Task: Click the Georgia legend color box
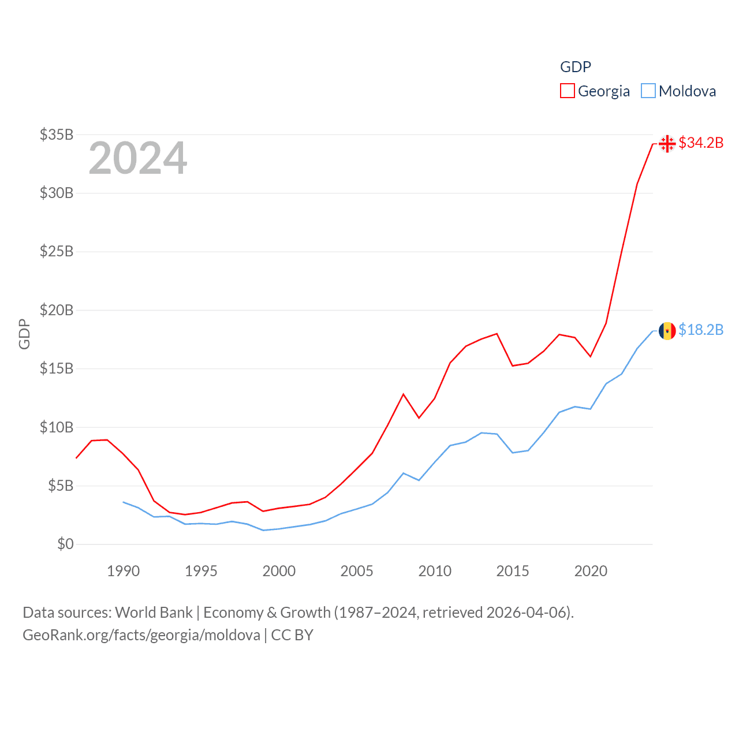click(x=568, y=91)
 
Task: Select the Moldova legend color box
click(x=648, y=91)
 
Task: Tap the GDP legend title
click(x=576, y=67)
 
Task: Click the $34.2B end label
click(x=701, y=143)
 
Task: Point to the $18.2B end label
click(x=701, y=330)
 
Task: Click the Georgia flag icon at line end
click(x=667, y=143)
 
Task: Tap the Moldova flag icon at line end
click(x=667, y=331)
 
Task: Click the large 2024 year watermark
click(x=138, y=158)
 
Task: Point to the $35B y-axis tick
click(x=57, y=135)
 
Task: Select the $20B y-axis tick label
click(x=57, y=310)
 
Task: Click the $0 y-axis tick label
click(x=65, y=544)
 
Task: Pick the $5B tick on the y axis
click(x=61, y=486)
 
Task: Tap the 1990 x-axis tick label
click(x=123, y=571)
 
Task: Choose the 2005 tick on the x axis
click(x=357, y=571)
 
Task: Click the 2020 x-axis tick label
click(x=591, y=571)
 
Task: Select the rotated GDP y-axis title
click(x=24, y=334)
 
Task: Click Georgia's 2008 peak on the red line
click(x=404, y=394)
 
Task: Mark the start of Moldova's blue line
click(x=123, y=502)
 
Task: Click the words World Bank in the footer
click(x=154, y=612)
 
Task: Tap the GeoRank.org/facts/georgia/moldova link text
click(x=141, y=635)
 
